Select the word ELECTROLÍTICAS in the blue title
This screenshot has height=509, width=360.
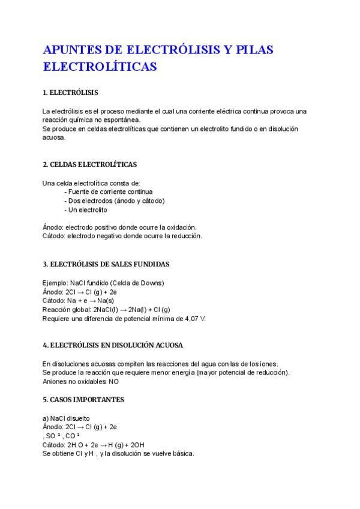tap(100, 67)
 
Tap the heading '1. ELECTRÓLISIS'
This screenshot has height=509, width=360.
tap(70, 93)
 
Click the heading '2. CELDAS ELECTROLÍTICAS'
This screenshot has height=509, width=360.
tap(89, 164)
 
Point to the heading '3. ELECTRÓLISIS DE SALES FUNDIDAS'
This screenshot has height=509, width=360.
tap(106, 264)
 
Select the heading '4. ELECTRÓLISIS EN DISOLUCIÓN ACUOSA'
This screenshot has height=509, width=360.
tap(113, 346)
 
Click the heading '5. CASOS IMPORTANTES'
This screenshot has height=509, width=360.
tap(83, 399)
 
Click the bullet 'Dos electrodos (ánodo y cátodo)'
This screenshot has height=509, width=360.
tap(114, 201)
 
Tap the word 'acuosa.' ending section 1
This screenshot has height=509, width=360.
tap(54, 137)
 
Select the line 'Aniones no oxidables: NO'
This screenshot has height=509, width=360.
tap(81, 382)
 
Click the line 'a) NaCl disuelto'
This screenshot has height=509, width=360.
tap(66, 418)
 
